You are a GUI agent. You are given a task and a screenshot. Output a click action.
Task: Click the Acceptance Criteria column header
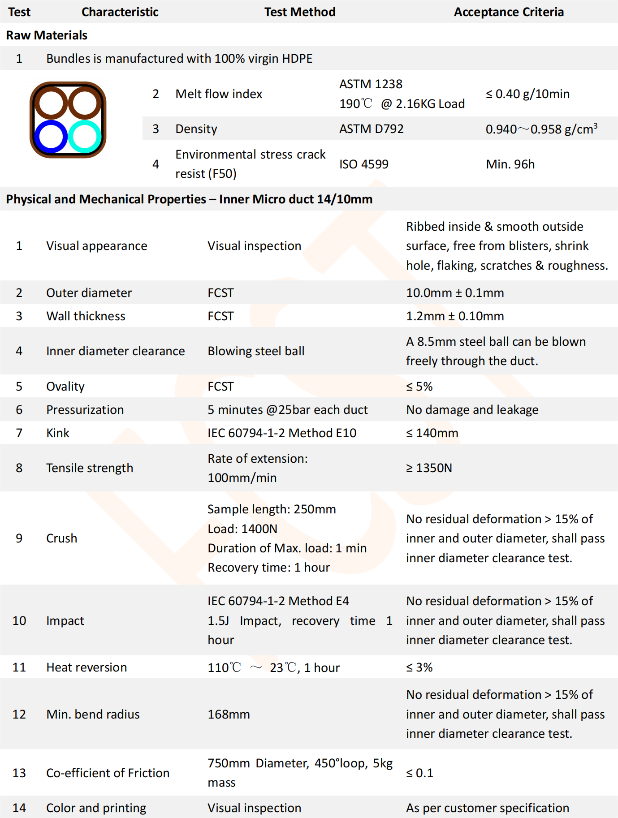click(509, 12)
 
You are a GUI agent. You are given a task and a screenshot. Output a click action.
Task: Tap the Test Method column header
click(299, 12)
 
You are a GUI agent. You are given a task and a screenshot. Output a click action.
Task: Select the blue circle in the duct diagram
click(51, 137)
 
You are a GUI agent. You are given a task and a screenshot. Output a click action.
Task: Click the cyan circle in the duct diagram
click(85, 137)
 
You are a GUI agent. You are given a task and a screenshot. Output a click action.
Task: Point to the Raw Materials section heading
click(47, 35)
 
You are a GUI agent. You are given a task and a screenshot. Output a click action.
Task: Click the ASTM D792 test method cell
click(371, 129)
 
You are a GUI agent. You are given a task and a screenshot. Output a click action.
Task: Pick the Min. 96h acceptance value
click(510, 164)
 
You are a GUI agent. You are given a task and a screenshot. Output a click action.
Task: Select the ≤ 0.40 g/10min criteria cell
click(527, 94)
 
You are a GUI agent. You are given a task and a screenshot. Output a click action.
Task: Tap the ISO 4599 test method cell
click(363, 164)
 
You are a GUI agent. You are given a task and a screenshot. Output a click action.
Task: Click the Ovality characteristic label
click(65, 387)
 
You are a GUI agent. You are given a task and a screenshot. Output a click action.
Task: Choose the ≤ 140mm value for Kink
click(432, 433)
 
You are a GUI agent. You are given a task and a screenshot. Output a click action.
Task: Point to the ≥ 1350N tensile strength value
click(429, 468)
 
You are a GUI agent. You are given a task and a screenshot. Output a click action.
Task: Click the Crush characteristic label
click(62, 538)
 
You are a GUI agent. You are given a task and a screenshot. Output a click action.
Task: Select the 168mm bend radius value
click(229, 715)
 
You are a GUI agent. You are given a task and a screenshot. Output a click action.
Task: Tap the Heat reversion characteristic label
click(86, 667)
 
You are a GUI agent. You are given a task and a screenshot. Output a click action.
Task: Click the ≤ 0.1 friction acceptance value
click(419, 773)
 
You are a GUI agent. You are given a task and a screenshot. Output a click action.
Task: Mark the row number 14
click(19, 808)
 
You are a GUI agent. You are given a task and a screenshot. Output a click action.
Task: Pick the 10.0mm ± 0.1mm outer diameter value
click(455, 293)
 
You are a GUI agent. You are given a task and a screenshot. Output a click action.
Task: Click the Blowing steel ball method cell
click(256, 351)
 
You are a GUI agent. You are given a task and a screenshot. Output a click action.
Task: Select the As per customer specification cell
click(488, 808)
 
